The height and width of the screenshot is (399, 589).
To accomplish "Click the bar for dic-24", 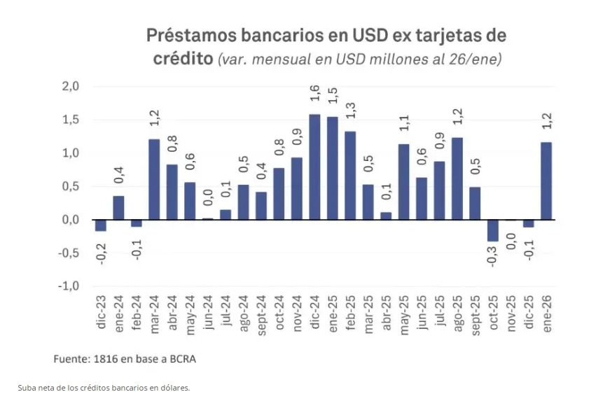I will coord(314,167).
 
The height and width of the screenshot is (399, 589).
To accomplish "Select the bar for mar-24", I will coord(154,179).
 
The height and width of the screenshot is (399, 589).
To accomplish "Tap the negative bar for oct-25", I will coord(493,230).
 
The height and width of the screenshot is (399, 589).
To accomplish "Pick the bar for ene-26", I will coord(546,181).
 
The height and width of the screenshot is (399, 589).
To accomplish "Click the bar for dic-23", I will coord(101,225).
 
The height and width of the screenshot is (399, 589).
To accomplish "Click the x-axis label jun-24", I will coord(207,313).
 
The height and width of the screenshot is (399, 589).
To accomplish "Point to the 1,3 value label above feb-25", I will coord(350,111).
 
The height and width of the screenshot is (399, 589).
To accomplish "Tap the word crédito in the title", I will coord(183,58).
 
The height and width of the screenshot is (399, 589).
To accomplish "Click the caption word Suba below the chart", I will coord(27,387).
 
